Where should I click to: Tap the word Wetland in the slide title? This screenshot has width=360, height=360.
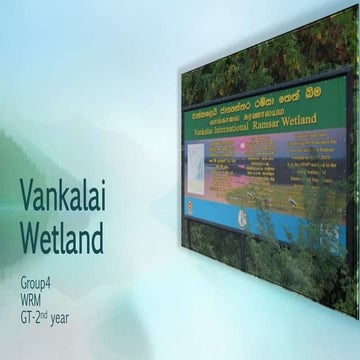[62, 238]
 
